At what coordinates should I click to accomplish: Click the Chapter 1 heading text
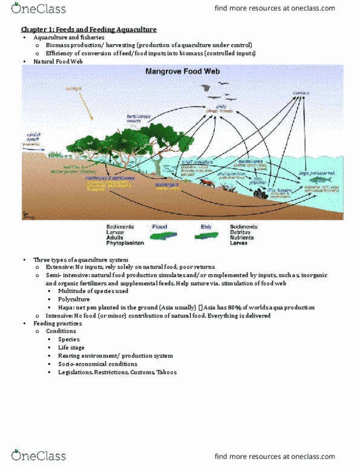tap(88, 30)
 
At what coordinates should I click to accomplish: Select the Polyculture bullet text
tap(76, 299)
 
